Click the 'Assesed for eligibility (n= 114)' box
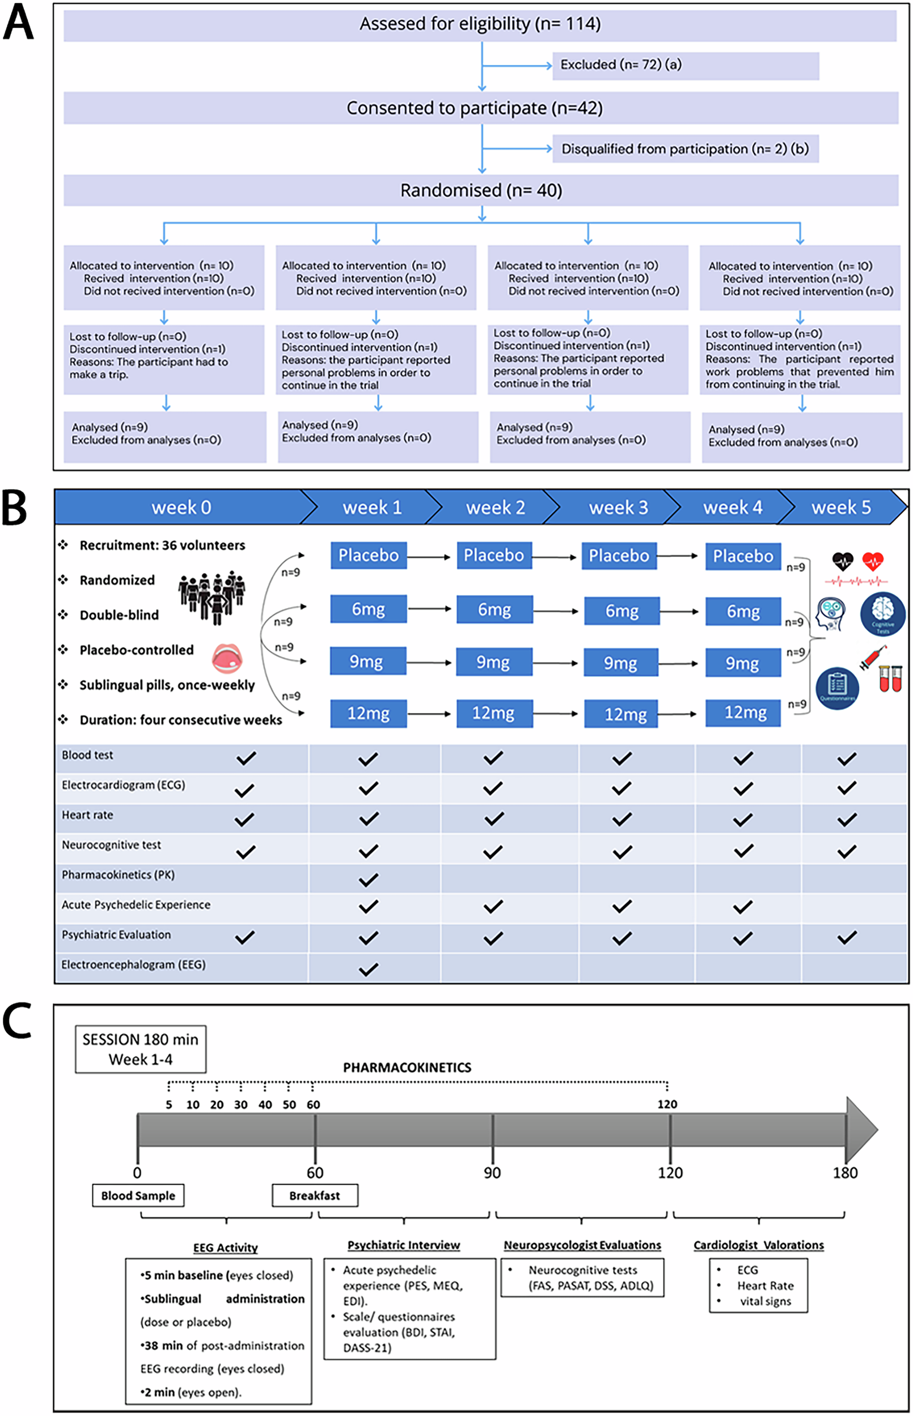point(480,25)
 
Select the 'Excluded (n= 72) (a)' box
point(686,65)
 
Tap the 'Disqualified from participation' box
point(686,149)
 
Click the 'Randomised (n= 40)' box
point(481,191)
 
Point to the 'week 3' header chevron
point(618,508)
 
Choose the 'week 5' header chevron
point(840,508)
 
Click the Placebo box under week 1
point(368,555)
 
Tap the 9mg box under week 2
point(494,661)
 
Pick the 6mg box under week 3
point(622,611)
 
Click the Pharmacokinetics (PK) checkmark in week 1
point(368,879)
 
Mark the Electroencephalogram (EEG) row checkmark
point(368,969)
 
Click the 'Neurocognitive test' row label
point(112,845)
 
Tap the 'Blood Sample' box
point(138,1195)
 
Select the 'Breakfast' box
point(315,1195)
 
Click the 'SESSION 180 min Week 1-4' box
point(141,1049)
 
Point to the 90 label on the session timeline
point(492,1173)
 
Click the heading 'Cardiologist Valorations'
point(758,1245)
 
